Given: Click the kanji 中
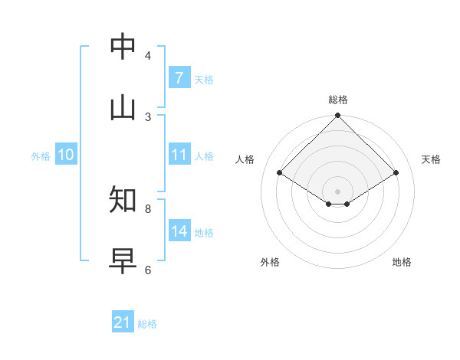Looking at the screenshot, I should click(123, 47).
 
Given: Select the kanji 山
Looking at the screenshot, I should click(123, 108).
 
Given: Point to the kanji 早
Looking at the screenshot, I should click(123, 260).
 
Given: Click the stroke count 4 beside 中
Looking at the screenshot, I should click(148, 56).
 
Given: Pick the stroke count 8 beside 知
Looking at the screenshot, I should click(148, 208).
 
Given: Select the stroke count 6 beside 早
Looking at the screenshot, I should click(148, 270).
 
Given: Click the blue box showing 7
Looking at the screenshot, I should click(179, 78).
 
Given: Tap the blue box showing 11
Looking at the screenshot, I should click(179, 155).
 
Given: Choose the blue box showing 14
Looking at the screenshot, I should click(179, 231).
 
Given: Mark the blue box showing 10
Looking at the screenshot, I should click(66, 155).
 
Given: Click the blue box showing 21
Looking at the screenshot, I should click(123, 322).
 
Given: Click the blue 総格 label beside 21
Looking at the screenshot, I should click(147, 324).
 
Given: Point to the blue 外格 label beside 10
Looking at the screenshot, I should click(41, 156).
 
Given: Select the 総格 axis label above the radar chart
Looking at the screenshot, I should click(338, 100).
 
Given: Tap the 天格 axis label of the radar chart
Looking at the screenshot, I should click(431, 159).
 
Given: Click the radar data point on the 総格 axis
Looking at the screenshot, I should click(338, 116).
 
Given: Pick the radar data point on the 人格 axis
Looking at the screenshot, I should click(280, 173).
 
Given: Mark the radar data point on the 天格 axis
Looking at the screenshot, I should click(396, 173).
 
